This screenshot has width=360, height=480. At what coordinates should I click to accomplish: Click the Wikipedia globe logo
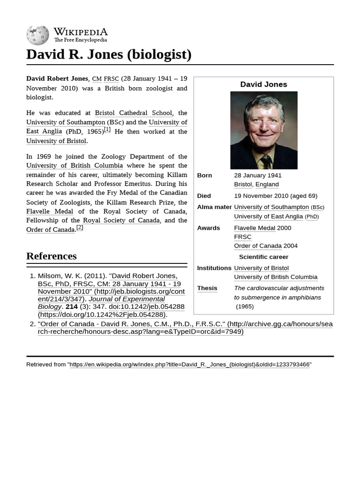coord(37,35)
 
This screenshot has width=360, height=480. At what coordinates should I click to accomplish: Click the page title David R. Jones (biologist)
coord(109,54)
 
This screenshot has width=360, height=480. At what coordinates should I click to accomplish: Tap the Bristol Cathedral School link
coord(134,113)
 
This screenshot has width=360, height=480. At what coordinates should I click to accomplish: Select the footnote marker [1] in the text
coord(107,130)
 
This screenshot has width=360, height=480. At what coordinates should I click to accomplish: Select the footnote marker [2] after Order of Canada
coord(80,228)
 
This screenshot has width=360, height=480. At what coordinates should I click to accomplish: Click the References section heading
coord(52,256)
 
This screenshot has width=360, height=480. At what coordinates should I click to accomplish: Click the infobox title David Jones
coord(263,84)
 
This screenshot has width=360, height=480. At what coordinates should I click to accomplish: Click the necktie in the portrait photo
coord(266,162)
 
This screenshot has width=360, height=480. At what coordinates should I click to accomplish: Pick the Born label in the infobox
coord(204,175)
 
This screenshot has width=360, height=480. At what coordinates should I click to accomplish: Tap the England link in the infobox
coord(267,184)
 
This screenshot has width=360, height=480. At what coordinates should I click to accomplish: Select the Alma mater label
coord(214,207)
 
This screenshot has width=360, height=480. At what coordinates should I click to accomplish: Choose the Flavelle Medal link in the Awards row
coord(255,228)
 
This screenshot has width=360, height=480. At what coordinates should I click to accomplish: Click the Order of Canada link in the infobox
coord(258,246)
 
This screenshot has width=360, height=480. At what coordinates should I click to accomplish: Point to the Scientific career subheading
coord(263,257)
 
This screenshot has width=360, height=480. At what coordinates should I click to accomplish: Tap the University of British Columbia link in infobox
coord(276,277)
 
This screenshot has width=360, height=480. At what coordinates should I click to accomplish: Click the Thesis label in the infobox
coord(207,288)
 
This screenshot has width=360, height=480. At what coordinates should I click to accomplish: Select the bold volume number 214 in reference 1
coord(71,307)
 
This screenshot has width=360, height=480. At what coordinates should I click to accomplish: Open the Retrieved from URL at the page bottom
coord(190,365)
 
